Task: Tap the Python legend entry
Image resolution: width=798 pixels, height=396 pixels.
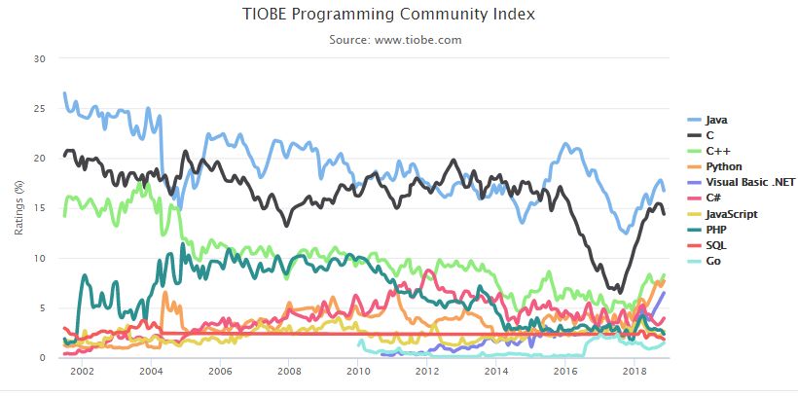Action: (x=723, y=166)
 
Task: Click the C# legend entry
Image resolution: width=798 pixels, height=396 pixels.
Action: (x=714, y=198)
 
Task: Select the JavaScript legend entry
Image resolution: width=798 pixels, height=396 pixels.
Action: (x=731, y=213)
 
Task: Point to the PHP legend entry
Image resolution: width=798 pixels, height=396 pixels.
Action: (x=716, y=230)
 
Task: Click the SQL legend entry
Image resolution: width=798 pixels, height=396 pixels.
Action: (x=716, y=245)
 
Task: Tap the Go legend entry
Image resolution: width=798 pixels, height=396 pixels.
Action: (x=713, y=261)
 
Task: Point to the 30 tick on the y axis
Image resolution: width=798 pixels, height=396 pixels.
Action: (x=40, y=58)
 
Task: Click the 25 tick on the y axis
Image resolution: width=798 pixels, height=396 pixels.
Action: (x=40, y=108)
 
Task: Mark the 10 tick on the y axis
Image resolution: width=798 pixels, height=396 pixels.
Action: (x=40, y=258)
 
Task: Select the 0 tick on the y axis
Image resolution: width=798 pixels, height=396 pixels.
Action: (x=43, y=358)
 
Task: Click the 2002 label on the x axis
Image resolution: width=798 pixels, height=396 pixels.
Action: (x=81, y=372)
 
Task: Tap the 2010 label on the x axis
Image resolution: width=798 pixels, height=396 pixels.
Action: (x=358, y=372)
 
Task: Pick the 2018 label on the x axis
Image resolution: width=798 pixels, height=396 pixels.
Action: (x=635, y=372)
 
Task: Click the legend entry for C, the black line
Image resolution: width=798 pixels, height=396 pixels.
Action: (x=710, y=135)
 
